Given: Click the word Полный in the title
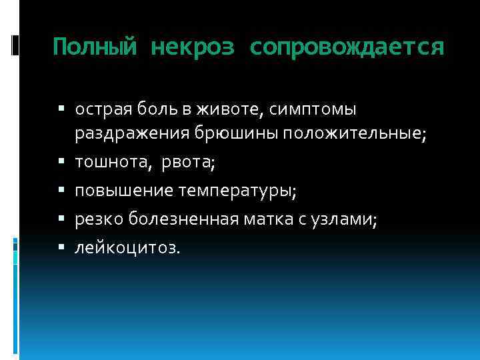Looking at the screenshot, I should (95, 47).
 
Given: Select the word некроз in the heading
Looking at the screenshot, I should (193, 47).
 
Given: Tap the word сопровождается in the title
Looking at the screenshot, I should (347, 47).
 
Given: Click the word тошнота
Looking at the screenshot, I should (107, 162).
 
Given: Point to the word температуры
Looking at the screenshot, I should (237, 191).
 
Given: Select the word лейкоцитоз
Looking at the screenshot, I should (127, 247).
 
